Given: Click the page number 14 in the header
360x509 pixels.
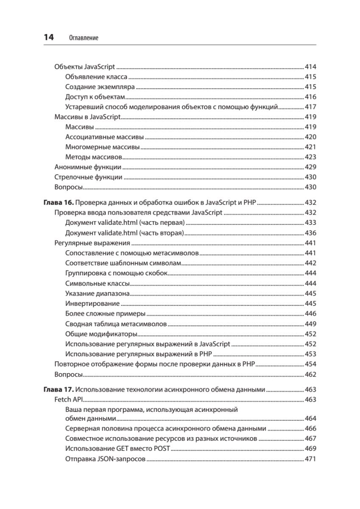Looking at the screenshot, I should pyautogui.click(x=49, y=37).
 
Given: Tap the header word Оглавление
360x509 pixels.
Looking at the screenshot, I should pyautogui.click(x=83, y=38).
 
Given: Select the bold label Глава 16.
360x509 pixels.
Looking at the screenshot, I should pyautogui.click(x=59, y=203).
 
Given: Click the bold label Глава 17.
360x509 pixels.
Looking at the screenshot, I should pyautogui.click(x=59, y=389).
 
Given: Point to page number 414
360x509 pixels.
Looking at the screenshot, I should pyautogui.click(x=311, y=67).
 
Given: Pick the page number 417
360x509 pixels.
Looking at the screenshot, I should pyautogui.click(x=311, y=107).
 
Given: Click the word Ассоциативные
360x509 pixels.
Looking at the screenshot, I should pyautogui.click(x=87, y=137).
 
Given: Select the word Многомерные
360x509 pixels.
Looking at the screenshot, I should pyautogui.click(x=84, y=147).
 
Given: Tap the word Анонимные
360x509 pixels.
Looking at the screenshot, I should pyautogui.click(x=70, y=167).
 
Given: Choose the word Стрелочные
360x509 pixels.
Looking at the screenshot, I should pyautogui.click(x=71, y=177).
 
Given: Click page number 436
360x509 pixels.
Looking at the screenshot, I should pyautogui.click(x=311, y=233).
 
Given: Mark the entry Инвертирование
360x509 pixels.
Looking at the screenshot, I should pyautogui.click(x=92, y=304).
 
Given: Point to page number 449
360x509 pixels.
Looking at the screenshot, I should pyautogui.click(x=311, y=324).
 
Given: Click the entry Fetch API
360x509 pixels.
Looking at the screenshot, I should pyautogui.click(x=69, y=400).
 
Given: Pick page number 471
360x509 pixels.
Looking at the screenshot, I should pyautogui.click(x=311, y=459).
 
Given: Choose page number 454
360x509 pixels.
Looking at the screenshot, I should pyautogui.click(x=311, y=364).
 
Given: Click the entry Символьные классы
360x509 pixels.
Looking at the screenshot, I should pyautogui.click(x=98, y=283).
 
